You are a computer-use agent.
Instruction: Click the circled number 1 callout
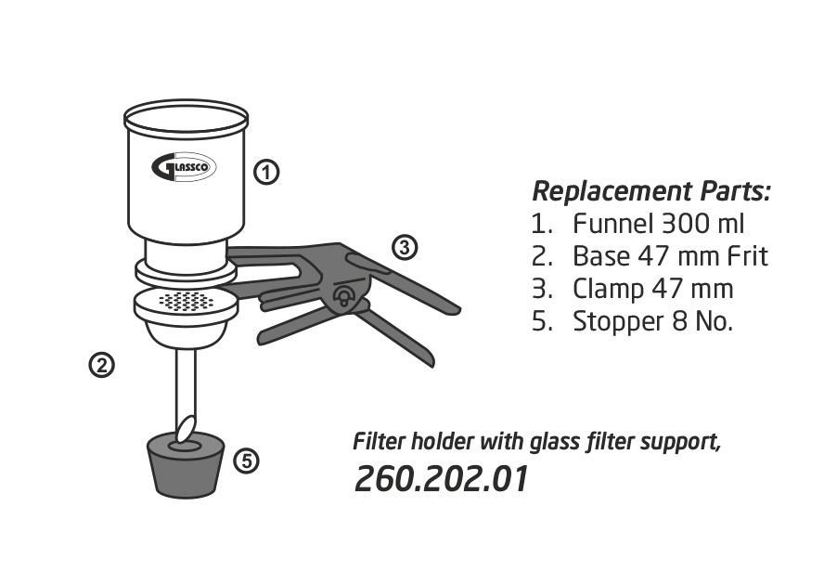click(266, 172)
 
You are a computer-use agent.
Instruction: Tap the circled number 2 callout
click(101, 366)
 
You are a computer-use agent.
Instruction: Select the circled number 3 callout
click(404, 248)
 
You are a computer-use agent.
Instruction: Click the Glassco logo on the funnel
click(184, 167)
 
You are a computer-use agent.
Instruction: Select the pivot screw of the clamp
click(342, 297)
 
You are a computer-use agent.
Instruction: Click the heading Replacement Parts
click(651, 192)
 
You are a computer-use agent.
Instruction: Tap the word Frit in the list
click(742, 256)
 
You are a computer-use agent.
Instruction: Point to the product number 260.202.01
click(442, 479)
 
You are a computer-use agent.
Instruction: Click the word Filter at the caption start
click(377, 441)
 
